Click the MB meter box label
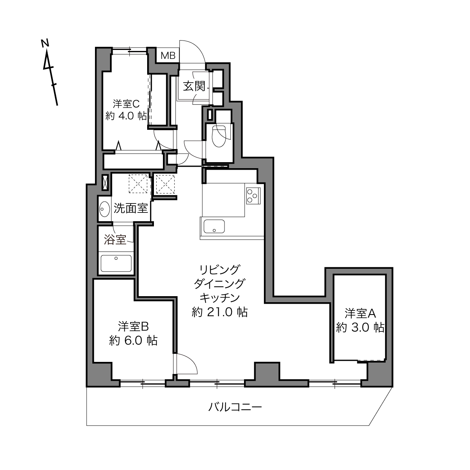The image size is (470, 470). pos(168,56)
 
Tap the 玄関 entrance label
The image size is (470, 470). pos(194,86)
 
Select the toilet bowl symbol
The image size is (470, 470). pos(218,136)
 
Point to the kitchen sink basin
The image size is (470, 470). pos(214,226)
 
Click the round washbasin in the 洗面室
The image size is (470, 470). pos(105,209)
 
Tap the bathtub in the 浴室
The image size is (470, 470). pos(116,263)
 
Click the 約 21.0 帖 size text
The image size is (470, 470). pos(220,312)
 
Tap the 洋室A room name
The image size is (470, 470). pos(360,313)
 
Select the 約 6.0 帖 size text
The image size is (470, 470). pos(133,340)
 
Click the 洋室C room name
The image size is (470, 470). pos(126,104)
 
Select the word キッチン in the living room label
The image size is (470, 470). pos(220,298)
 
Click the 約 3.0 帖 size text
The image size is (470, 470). pos(360,328)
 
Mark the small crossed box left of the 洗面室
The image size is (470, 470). pos(105,183)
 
